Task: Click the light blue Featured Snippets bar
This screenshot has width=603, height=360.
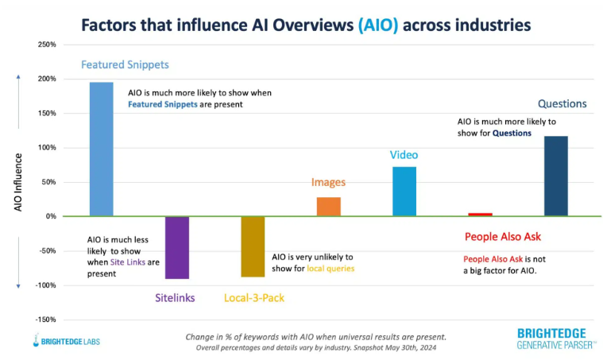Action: [x=101, y=149]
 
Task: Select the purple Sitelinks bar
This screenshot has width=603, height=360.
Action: [x=177, y=247]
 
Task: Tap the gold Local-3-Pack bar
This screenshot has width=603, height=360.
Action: [x=253, y=246]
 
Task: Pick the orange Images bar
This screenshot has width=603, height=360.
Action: [x=328, y=207]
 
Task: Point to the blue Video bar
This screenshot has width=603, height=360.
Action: [x=404, y=191]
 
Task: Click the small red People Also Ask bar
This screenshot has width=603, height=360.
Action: [x=480, y=215]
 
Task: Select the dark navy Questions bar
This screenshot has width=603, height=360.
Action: [x=555, y=176]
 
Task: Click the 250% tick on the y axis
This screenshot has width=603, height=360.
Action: [x=47, y=45]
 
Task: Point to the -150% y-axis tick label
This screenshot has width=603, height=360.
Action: [x=45, y=319]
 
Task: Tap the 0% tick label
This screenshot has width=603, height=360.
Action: [x=50, y=216]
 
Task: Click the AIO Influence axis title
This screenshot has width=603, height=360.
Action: [x=18, y=182]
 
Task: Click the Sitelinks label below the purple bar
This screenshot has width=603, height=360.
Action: [x=176, y=299]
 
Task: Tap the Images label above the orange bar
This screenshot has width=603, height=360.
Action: [x=328, y=182]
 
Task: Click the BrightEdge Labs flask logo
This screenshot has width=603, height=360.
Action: [x=38, y=341]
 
